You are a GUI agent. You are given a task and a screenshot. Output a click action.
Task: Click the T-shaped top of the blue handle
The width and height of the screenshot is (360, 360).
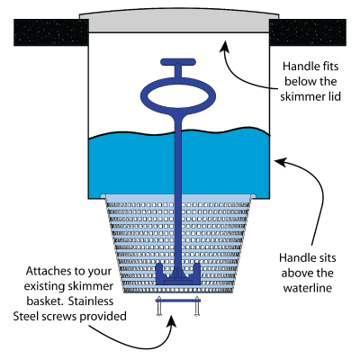coord(178,62)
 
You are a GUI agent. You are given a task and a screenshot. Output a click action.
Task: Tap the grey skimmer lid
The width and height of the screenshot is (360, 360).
coord(179,22)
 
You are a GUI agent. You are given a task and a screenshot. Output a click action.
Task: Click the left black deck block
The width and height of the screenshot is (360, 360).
coord(51,32)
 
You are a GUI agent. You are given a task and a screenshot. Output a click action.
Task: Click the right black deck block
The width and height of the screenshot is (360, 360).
coord(308,32)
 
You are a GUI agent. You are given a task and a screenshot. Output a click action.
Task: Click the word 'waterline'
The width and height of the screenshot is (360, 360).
coord(308,288)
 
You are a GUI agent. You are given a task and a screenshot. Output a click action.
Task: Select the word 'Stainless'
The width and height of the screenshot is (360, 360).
coord(91,301)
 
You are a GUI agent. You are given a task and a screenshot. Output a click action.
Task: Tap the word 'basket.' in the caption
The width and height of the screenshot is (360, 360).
coord(45,301)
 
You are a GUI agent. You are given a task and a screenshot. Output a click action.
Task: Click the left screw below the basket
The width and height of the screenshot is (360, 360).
coord(159,307)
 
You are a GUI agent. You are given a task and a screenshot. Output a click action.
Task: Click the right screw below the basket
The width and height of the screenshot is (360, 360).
coord(197,307)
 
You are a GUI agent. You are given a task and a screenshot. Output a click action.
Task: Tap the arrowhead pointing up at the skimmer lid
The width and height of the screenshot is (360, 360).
coord(223,47)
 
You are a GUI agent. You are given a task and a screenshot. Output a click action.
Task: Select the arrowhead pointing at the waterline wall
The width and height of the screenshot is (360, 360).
coord(282,162)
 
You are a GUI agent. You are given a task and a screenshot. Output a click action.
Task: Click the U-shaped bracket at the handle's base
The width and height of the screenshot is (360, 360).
coord(178,274)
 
